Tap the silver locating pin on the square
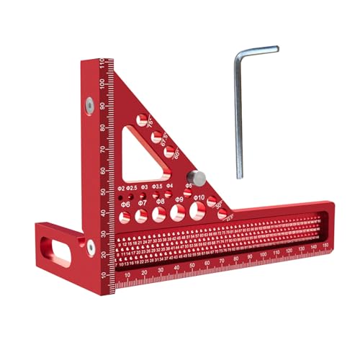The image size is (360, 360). pos(196,177)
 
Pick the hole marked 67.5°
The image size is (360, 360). pos(157,135)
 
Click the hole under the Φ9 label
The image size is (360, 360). pos(177,213)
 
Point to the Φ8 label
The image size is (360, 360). pos(160,202)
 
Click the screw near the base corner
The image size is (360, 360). pos(91,246)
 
